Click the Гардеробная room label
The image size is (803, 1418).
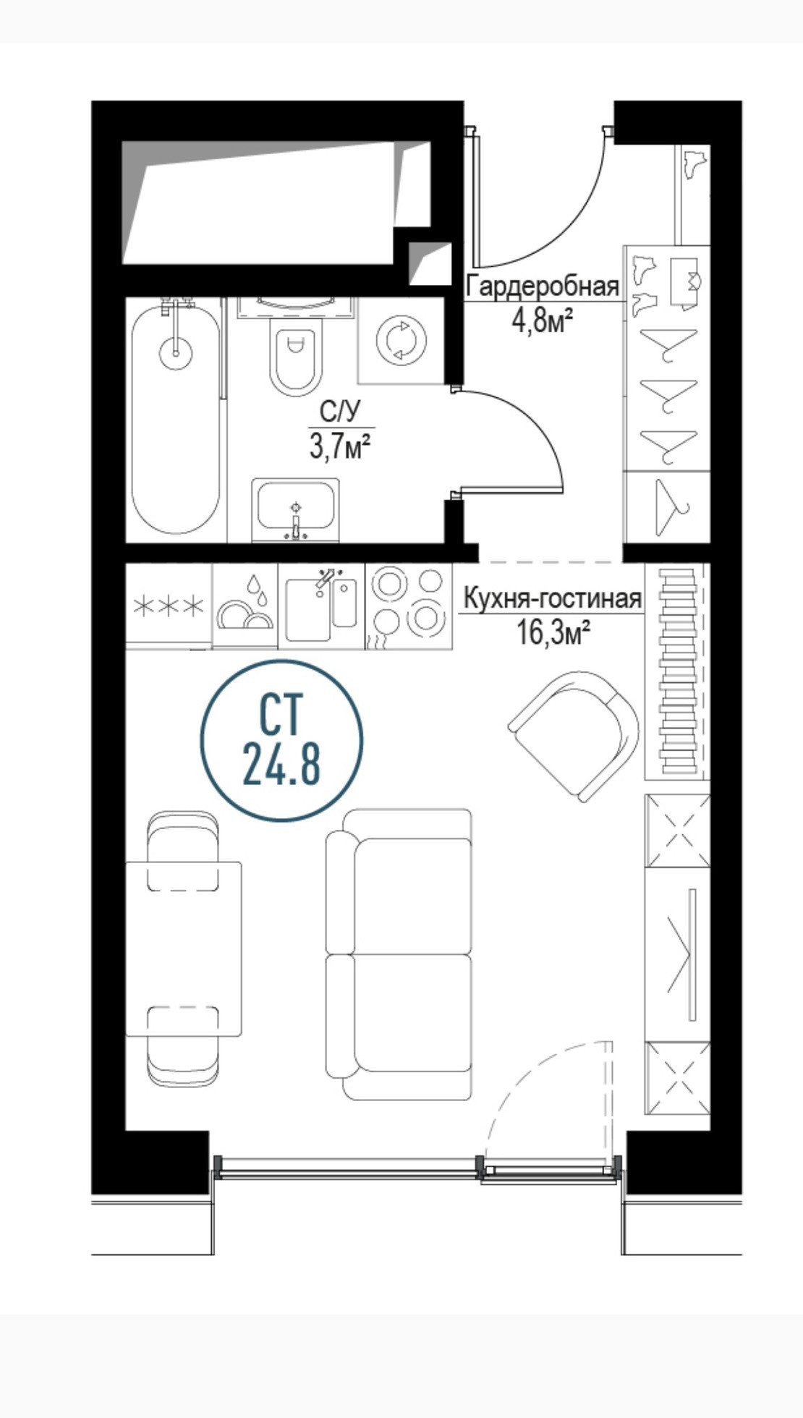coord(542,286)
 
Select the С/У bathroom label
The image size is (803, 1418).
coord(339,412)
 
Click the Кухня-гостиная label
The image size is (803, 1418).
coord(552,598)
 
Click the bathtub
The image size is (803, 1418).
coord(176,420)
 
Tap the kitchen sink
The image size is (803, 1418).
coord(321,605)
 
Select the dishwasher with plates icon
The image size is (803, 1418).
coord(246,605)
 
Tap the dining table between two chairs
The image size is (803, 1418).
coord(183,948)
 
